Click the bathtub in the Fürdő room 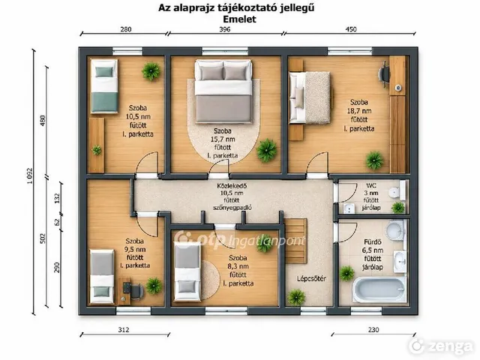pos(379,289)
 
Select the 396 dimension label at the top pos(224,29)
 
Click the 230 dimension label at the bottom pos(373,330)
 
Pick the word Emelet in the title pos(239,19)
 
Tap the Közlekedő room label pos(232,185)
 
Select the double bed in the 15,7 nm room pos(223,91)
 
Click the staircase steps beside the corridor pos(295,241)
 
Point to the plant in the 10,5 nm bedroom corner pos(151,71)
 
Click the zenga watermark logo pos(441,346)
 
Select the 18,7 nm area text pos(358,111)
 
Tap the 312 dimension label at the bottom pos(123,330)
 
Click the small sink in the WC pos(348,208)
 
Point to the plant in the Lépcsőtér pos(296,297)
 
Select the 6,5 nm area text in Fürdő pos(373,250)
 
